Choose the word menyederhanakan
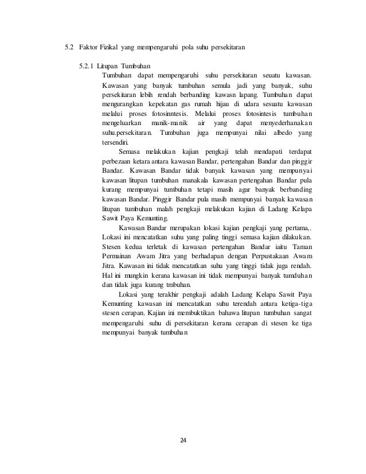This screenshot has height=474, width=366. [x=282, y=123]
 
